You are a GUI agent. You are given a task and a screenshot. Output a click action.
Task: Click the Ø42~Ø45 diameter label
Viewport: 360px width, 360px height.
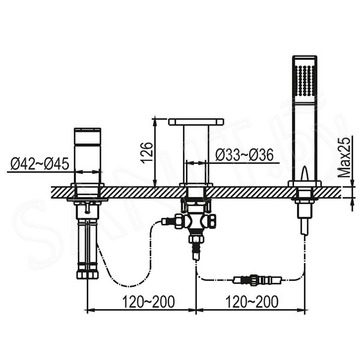point(39,164)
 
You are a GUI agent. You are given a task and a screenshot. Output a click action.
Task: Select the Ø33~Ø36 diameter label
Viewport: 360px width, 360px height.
point(244,155)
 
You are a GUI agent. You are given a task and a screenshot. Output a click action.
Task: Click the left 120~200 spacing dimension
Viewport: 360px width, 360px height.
point(148,302)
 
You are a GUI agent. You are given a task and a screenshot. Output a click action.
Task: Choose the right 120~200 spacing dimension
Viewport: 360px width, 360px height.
point(251,302)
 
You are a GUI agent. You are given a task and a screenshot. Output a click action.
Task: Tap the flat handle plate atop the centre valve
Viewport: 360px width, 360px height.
point(196,122)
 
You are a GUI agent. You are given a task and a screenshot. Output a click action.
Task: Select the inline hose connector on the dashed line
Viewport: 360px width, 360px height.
point(254,279)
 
